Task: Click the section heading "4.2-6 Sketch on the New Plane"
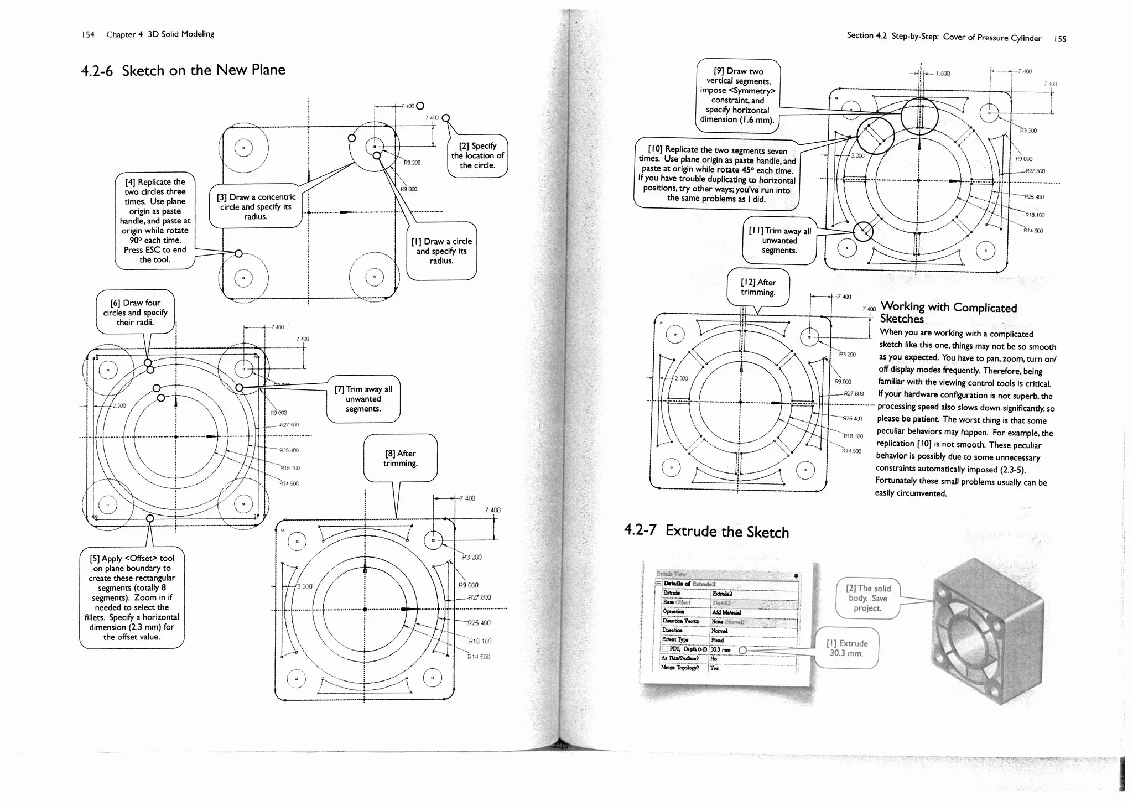click(183, 70)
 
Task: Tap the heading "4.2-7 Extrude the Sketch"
click(706, 531)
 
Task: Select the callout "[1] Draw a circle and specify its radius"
click(441, 251)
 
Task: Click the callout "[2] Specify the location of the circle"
click(477, 155)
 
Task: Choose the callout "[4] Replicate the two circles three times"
click(155, 220)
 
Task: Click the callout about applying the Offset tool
click(132, 597)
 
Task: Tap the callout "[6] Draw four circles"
click(135, 312)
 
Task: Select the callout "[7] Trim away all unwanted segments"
click(363, 398)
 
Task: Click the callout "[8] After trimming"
click(400, 458)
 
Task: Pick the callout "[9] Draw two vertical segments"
click(737, 95)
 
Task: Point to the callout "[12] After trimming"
click(758, 287)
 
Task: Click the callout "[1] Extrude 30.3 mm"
click(846, 648)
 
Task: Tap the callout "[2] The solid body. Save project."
click(867, 598)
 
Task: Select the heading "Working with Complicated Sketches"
click(948, 313)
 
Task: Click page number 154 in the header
click(87, 34)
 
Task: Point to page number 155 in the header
click(1060, 39)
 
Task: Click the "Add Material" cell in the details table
click(725, 612)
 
